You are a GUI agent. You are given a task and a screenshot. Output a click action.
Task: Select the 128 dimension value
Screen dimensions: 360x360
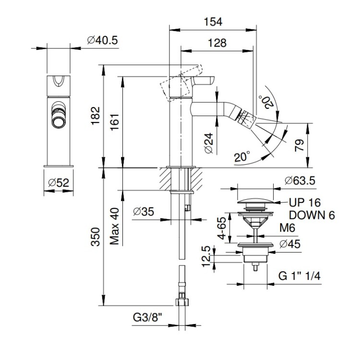pos(216,43)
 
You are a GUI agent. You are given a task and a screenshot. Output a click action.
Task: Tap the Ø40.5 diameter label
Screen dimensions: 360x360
pos(103,41)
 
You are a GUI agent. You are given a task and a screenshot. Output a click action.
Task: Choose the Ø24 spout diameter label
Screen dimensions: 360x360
pos(208,143)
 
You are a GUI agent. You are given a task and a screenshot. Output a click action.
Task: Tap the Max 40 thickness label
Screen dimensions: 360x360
pos(114,227)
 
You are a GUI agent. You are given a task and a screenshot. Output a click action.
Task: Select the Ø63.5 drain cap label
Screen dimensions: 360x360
pos(300,181)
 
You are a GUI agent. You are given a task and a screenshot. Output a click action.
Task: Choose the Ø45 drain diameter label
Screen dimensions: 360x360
pos(290,243)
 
